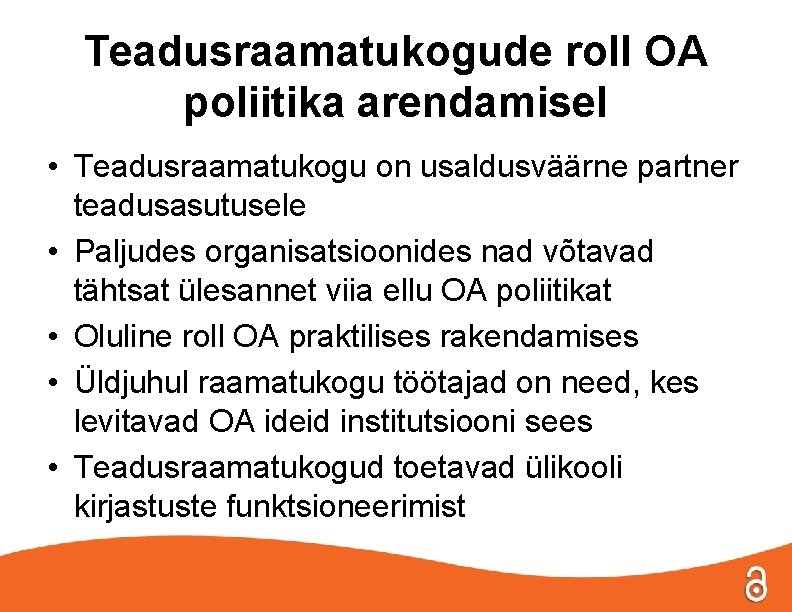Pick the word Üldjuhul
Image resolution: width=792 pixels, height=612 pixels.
point(134,381)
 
